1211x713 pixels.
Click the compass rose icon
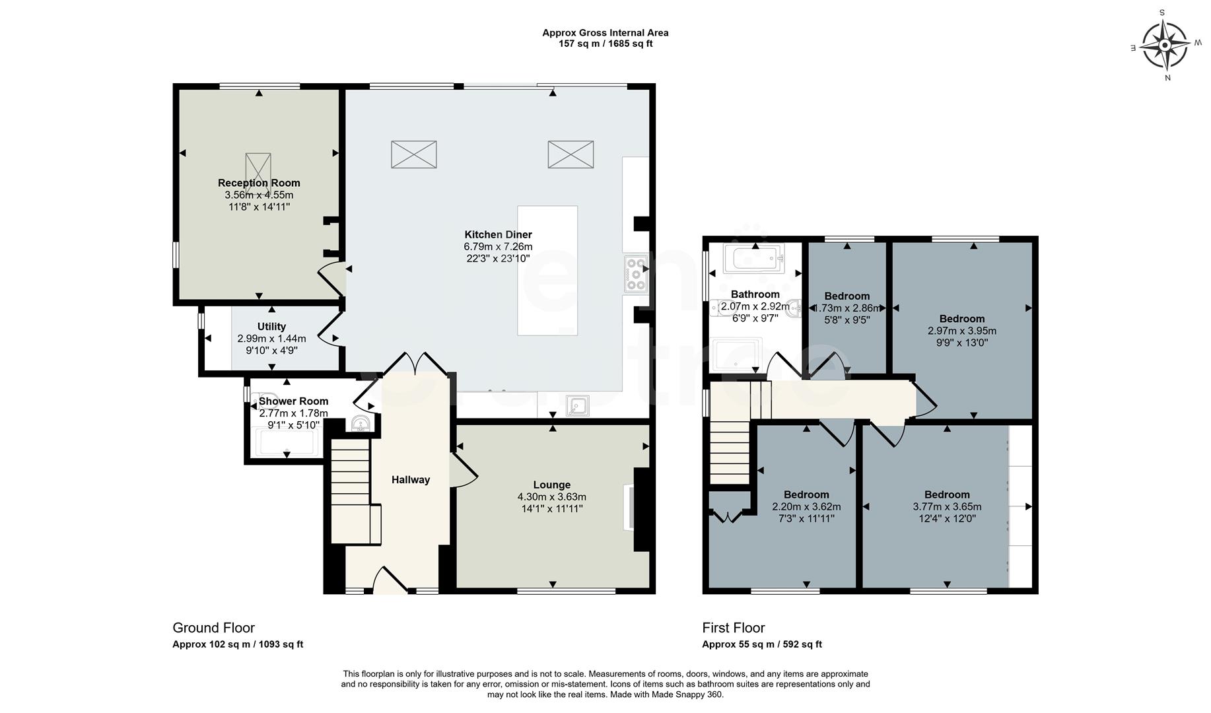click(x=1165, y=45)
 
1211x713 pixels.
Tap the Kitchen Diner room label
click(x=498, y=234)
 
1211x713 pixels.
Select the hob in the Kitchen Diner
click(x=636, y=274)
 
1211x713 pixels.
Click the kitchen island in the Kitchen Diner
click(x=547, y=271)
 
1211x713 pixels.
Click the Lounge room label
click(x=552, y=485)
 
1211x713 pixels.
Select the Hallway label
click(x=411, y=480)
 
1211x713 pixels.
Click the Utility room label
click(x=271, y=327)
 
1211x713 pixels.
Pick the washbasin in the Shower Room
click(x=361, y=423)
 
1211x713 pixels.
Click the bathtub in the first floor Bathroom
click(x=753, y=258)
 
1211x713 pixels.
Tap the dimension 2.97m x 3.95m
click(x=962, y=331)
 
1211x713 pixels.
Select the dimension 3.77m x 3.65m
click(x=947, y=507)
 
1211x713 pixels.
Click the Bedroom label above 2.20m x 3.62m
click(x=806, y=494)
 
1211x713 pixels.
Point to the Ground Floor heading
click(x=213, y=628)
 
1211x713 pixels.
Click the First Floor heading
click(x=734, y=628)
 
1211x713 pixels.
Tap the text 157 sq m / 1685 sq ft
click(x=605, y=44)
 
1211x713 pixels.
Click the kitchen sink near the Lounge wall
click(x=579, y=406)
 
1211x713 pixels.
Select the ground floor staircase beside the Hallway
click(x=350, y=489)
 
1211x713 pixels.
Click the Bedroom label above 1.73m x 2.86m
click(x=847, y=296)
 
